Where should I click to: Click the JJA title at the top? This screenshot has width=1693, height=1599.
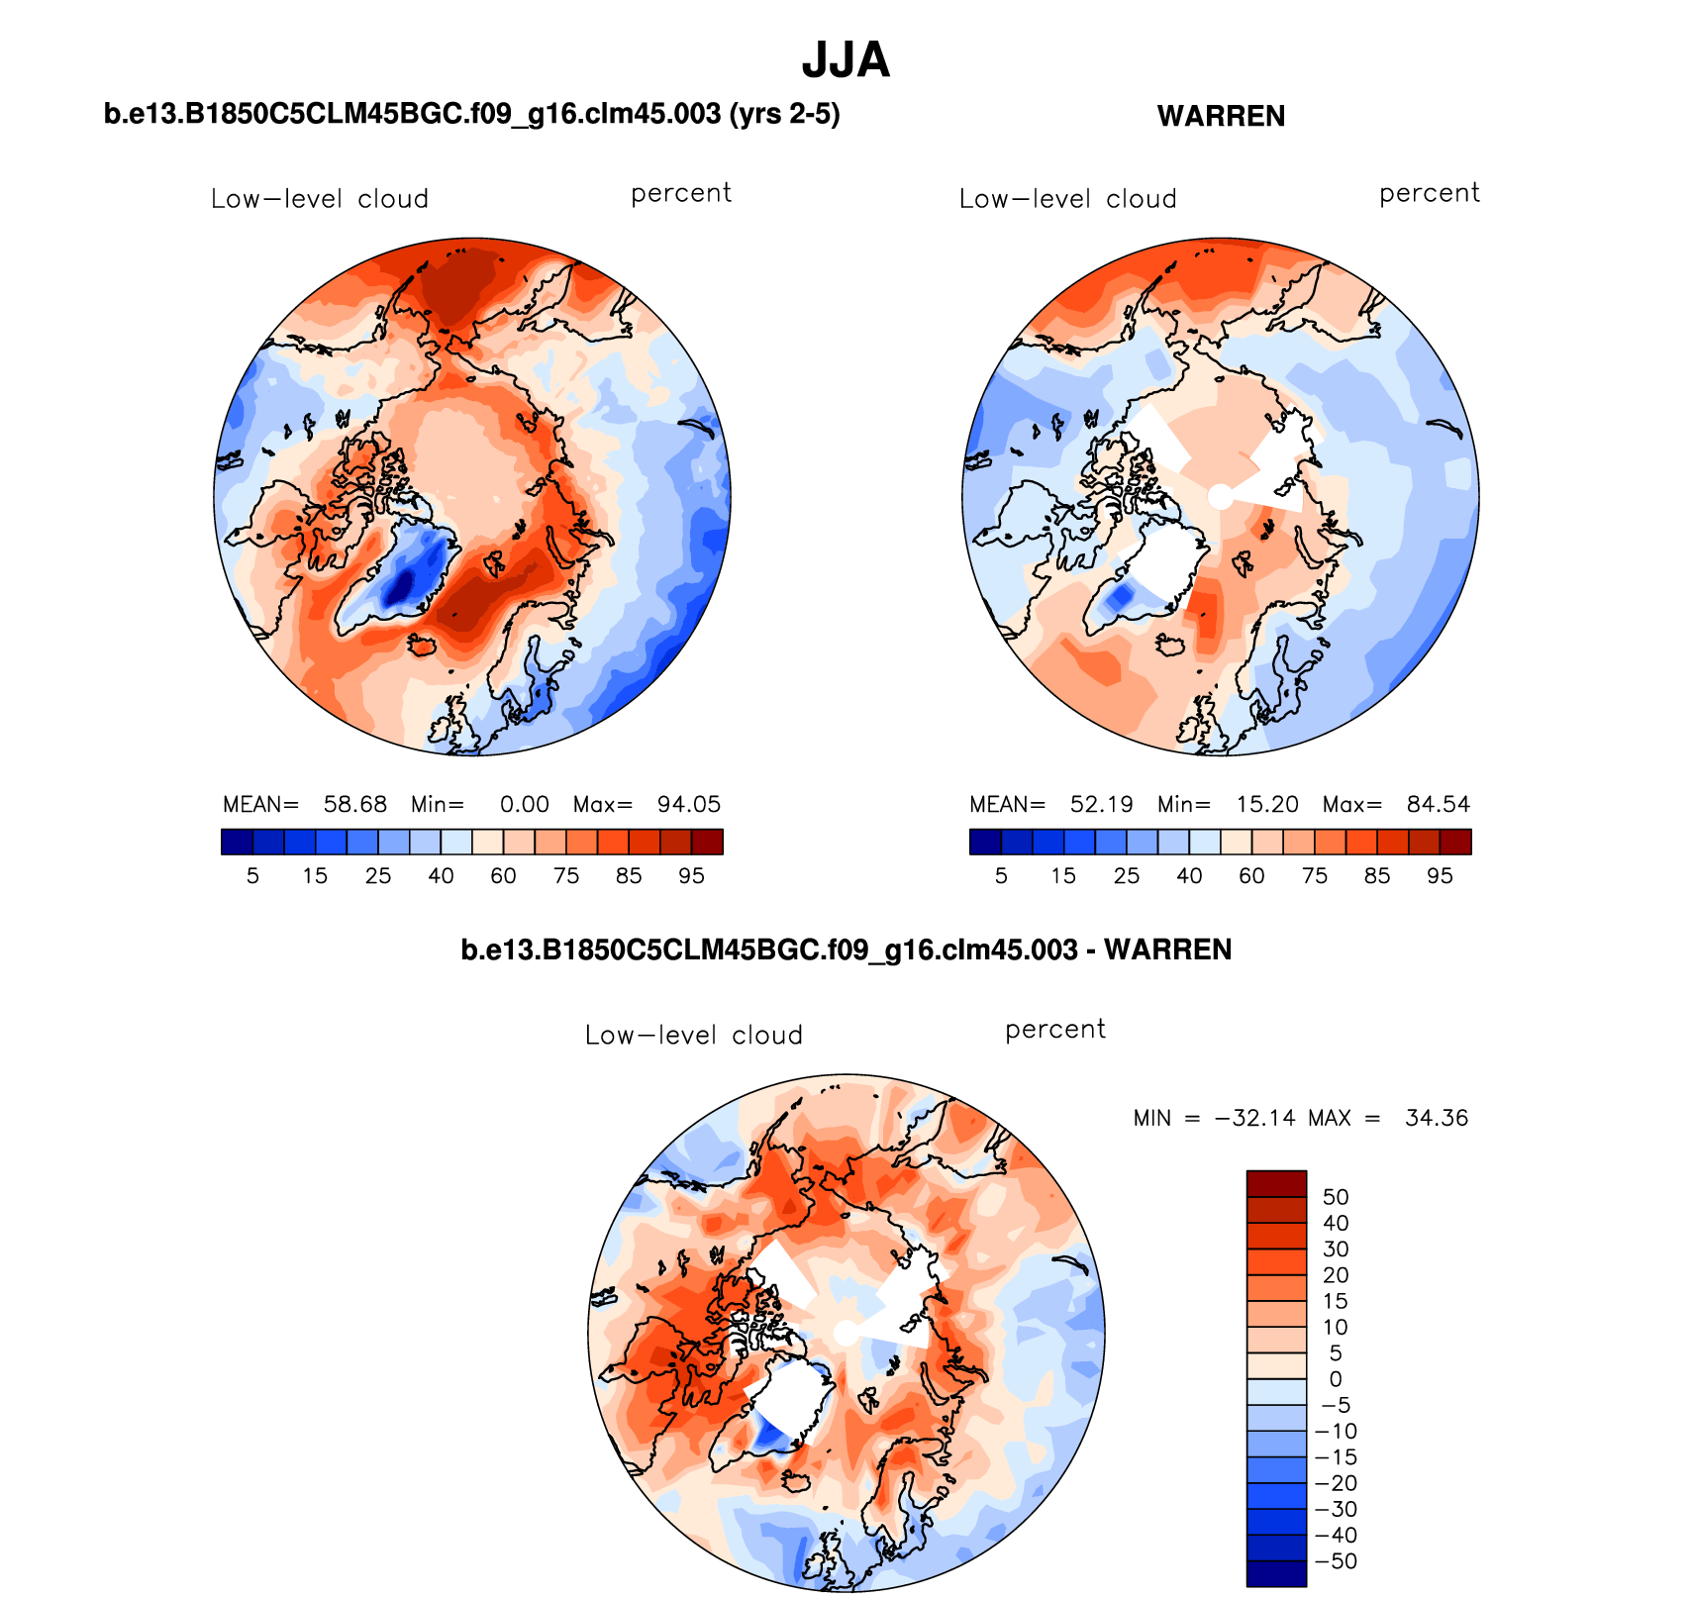tap(846, 60)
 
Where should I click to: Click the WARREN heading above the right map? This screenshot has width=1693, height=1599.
tap(1221, 116)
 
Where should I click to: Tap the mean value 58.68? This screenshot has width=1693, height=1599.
tap(355, 804)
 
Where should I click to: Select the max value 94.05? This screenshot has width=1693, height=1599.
tap(689, 804)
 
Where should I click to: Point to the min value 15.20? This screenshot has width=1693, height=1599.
tap(1267, 804)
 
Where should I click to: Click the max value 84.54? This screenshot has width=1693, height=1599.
tap(1438, 804)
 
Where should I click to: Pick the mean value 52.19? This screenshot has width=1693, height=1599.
tap(1101, 804)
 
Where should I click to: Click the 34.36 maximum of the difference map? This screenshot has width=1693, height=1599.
tap(1436, 1118)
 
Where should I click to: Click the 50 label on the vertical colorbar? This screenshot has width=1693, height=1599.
tap(1336, 1197)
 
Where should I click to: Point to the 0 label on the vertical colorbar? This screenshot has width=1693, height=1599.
tap(1336, 1379)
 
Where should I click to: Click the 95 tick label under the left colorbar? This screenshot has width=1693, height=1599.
tap(691, 876)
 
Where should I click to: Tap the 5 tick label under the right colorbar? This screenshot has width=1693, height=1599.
tap(1001, 876)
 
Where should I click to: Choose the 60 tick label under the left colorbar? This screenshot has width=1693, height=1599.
tap(503, 876)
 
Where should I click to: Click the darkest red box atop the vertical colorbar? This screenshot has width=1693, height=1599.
tap(1276, 1183)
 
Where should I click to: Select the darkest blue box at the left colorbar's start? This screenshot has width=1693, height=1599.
tap(238, 842)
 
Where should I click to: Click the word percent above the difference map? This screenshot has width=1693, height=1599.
tap(1054, 1030)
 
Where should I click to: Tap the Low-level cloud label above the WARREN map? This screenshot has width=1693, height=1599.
tap(1067, 199)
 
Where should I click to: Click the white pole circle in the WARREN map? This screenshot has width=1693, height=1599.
tap(1221, 496)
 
